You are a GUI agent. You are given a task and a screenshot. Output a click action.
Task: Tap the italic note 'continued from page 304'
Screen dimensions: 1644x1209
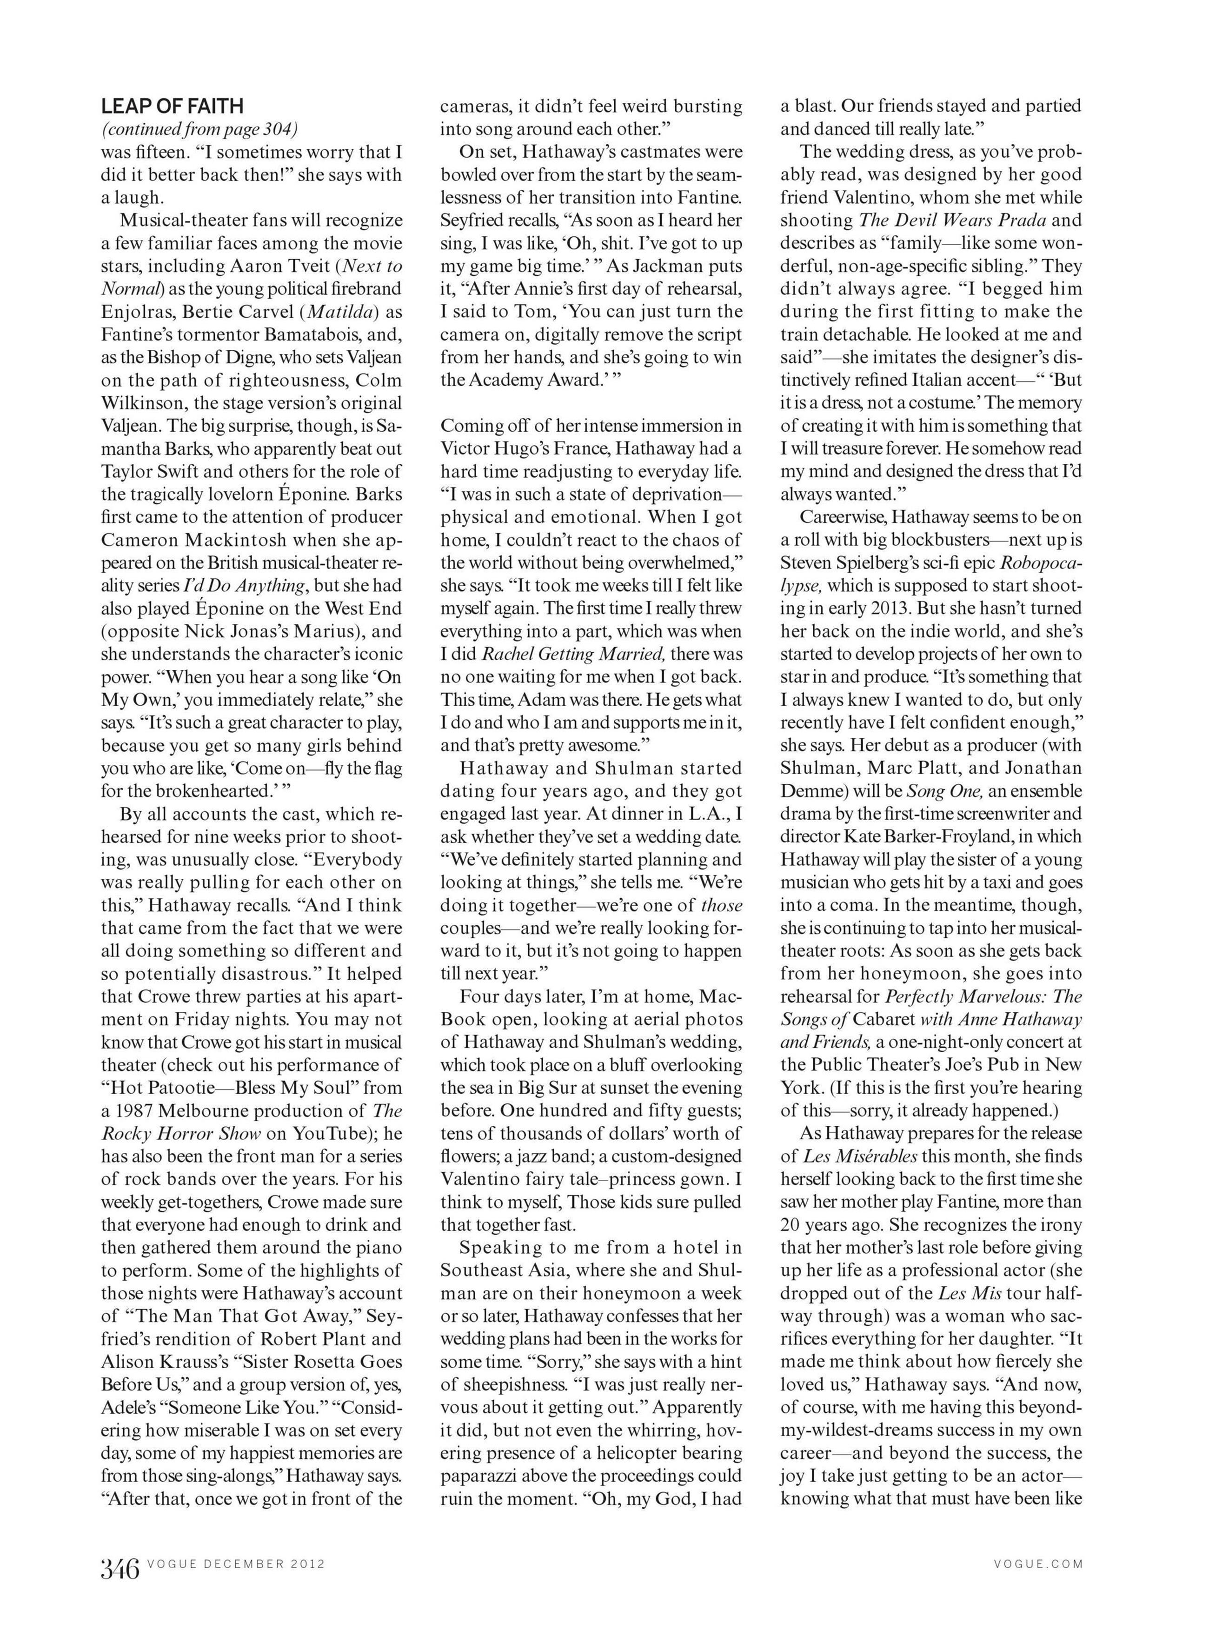[x=199, y=130]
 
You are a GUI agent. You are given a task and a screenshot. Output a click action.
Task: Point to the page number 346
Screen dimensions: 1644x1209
[x=120, y=1569]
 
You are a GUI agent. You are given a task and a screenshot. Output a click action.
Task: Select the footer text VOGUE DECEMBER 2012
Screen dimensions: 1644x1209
[x=236, y=1564]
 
